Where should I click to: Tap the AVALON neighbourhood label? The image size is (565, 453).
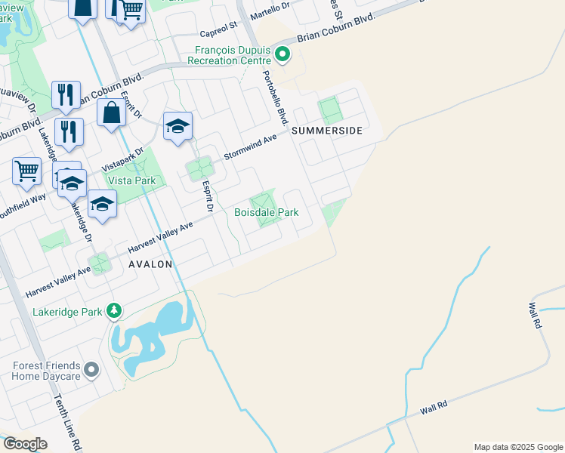(150, 265)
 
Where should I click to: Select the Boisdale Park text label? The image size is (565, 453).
(266, 213)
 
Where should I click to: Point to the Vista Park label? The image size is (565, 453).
(131, 181)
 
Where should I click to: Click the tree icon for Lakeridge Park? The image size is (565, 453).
(114, 310)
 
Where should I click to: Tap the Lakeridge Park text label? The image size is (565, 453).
(68, 311)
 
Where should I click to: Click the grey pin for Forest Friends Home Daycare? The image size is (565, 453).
(91, 370)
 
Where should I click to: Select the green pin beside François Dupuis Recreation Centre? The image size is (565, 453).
(282, 54)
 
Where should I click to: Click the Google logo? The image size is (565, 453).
(25, 444)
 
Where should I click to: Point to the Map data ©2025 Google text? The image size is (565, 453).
(517, 447)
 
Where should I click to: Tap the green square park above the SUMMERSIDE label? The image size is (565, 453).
(330, 111)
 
